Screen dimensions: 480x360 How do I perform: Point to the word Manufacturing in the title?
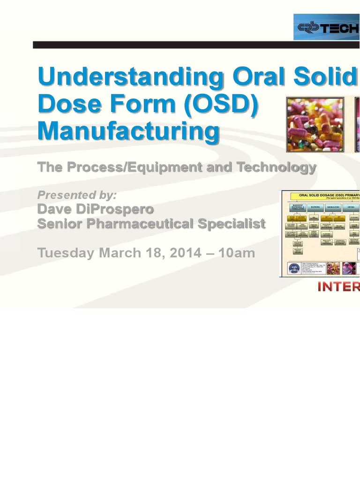tap(128, 131)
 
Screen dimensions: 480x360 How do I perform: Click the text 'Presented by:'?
tap(77, 195)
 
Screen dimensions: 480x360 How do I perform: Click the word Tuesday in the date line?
tap(66, 253)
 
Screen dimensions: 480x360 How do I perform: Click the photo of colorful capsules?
tap(315, 124)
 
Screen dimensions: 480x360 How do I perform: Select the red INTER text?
tap(338, 287)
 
